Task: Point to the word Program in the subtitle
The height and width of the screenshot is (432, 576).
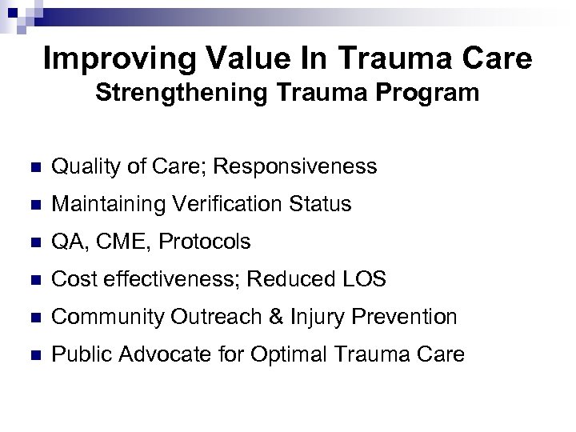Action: (433, 94)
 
